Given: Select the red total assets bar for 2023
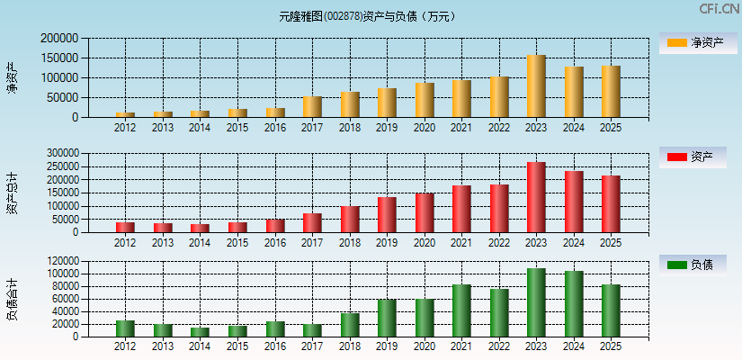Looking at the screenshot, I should coord(536,197).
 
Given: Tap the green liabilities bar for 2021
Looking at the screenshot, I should coord(461,310).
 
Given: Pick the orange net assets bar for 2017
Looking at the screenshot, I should coord(312,107).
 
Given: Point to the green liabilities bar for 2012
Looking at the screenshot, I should coord(125,328).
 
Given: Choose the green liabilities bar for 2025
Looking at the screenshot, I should coord(611,310).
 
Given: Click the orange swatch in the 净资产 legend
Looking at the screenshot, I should coord(676,42).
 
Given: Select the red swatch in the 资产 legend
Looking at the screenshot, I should coord(676,157).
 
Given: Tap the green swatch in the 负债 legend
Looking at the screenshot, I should coord(676,265).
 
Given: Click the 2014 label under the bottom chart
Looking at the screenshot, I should coord(200,346).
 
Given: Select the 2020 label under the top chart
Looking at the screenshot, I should coord(424,128).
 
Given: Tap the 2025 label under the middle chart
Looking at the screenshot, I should coord(611,243).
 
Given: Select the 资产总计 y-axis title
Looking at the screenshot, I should coord(12,193).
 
